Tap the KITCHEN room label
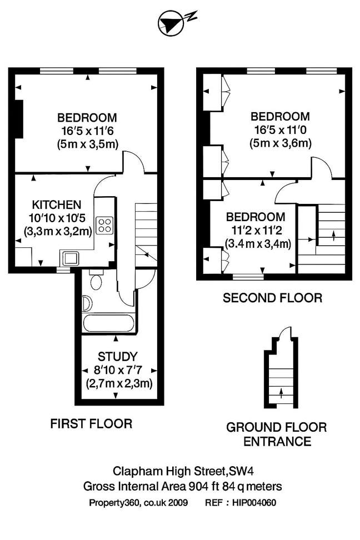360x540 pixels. coord(57,204)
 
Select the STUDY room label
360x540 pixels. coord(117,357)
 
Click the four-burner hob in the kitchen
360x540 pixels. coord(104,225)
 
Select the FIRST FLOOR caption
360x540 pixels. coord(91,424)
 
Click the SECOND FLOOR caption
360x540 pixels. coord(272,298)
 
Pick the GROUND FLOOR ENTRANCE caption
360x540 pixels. coord(276,434)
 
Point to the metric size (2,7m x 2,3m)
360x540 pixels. coord(119,383)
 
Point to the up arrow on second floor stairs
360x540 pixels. coord(333,235)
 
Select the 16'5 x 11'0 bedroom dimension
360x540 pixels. coord(280,130)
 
